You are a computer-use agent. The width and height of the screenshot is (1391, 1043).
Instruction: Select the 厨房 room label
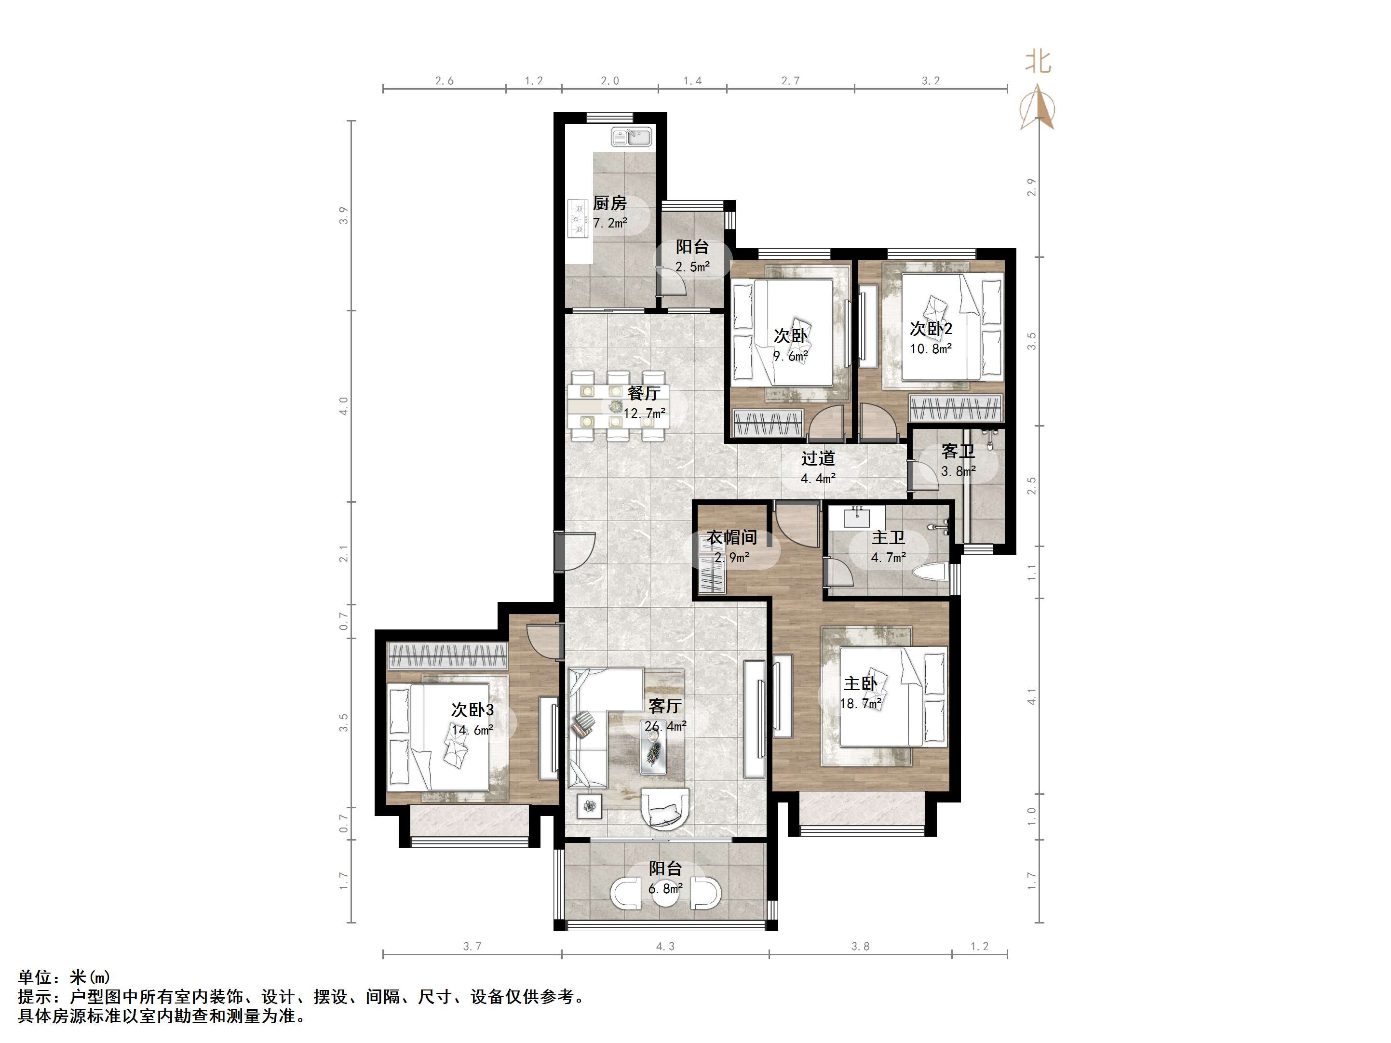click(x=609, y=203)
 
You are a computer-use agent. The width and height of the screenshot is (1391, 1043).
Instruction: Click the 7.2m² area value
click(x=610, y=223)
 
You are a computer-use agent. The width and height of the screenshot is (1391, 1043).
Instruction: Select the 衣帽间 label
click(x=731, y=537)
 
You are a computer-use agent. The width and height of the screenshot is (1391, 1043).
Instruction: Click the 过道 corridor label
click(x=818, y=458)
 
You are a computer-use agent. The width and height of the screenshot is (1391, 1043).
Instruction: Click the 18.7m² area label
click(x=860, y=704)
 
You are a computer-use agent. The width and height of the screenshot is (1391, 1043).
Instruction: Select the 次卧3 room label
click(x=472, y=710)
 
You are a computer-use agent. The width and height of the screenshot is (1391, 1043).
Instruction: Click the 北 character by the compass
click(x=1038, y=62)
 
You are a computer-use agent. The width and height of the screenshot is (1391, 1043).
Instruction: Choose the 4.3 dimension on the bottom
click(x=665, y=946)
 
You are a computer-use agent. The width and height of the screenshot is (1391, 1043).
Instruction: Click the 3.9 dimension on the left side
click(x=343, y=215)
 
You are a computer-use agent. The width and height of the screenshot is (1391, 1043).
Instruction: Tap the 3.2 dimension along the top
click(x=931, y=80)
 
